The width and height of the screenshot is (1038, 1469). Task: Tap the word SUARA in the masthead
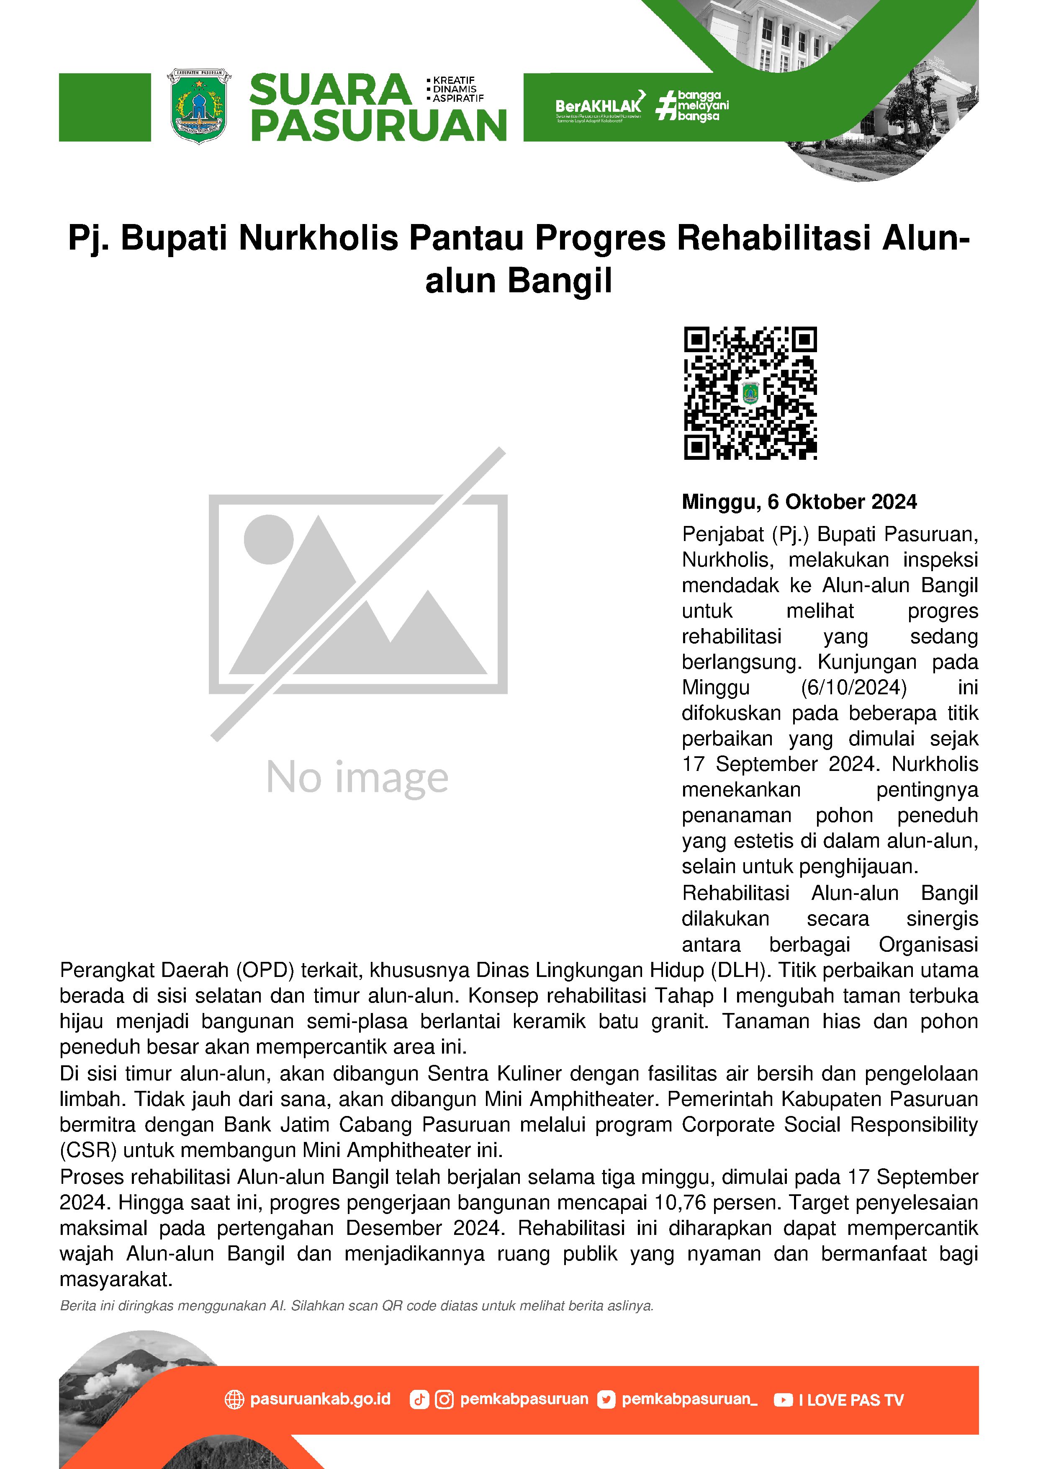330,90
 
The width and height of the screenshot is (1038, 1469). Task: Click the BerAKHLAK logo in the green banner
599,105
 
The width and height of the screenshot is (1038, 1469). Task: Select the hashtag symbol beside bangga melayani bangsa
666,106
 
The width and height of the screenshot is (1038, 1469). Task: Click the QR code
750,393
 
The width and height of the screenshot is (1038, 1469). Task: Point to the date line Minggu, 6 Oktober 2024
799,502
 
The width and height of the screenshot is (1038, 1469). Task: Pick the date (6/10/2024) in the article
853,687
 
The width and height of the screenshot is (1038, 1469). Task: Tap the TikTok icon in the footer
419,1400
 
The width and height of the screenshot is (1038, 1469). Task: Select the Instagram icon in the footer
444,1400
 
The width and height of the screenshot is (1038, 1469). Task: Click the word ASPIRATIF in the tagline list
458,98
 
